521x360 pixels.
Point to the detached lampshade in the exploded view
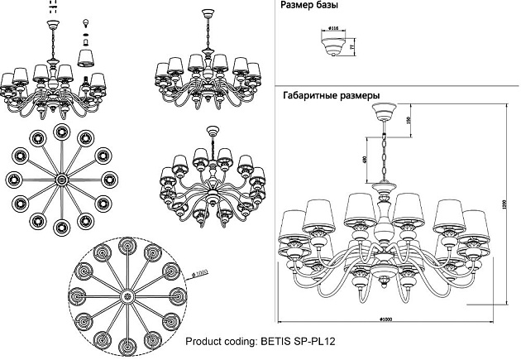[84, 55]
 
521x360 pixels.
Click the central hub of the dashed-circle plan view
[127, 295]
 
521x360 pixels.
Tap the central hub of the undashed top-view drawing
[60, 180]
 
